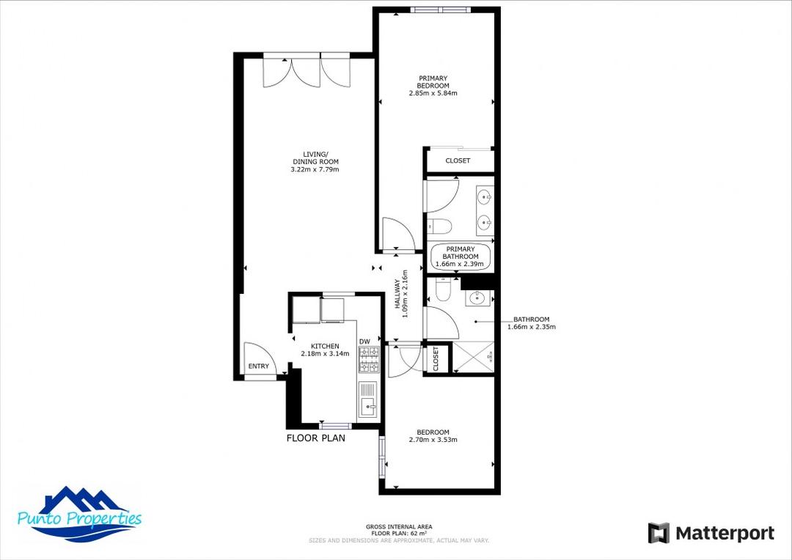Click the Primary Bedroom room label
pyautogui.click(x=433, y=82)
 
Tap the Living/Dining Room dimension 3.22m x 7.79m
pyautogui.click(x=315, y=170)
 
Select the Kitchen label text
pyautogui.click(x=325, y=346)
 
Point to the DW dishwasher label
pyautogui.click(x=364, y=342)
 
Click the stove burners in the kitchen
pyautogui.click(x=368, y=358)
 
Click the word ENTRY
pyautogui.click(x=258, y=366)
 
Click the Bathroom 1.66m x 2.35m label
pyautogui.click(x=531, y=323)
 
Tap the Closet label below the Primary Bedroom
pyautogui.click(x=458, y=161)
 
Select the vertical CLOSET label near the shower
pyautogui.click(x=436, y=359)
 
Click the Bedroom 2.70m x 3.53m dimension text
pyautogui.click(x=433, y=441)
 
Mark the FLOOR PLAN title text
pyautogui.click(x=315, y=438)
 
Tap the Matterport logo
pyautogui.click(x=711, y=533)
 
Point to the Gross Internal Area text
pyautogui.click(x=398, y=527)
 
